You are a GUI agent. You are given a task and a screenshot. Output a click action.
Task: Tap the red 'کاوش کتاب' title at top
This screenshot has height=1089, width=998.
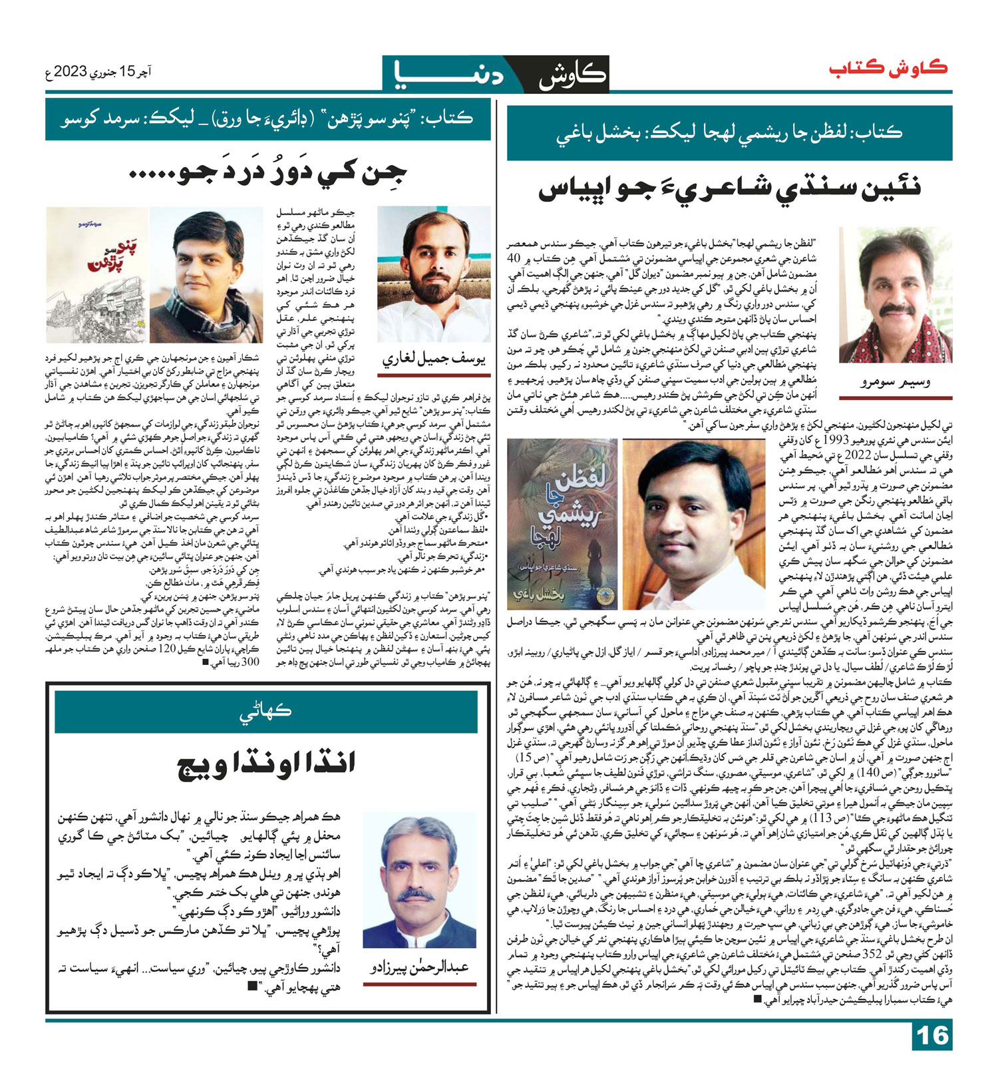888,69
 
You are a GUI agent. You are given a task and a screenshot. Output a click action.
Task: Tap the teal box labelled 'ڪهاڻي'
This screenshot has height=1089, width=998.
265,712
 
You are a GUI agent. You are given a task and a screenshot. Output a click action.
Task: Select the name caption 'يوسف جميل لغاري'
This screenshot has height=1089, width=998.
434,359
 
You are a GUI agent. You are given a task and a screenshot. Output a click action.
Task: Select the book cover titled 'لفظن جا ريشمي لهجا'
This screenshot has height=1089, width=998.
563,523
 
